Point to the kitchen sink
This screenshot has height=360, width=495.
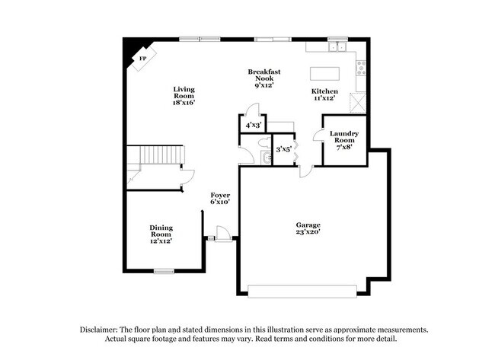coord(335,46)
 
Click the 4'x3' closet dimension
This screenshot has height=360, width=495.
coord(251,125)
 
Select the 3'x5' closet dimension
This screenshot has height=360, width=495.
coord(283,149)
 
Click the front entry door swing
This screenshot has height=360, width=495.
coord(222,233)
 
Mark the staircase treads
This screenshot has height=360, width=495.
coord(157,156)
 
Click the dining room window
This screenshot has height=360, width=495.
coord(164,271)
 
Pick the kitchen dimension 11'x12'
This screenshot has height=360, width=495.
coord(324,97)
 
